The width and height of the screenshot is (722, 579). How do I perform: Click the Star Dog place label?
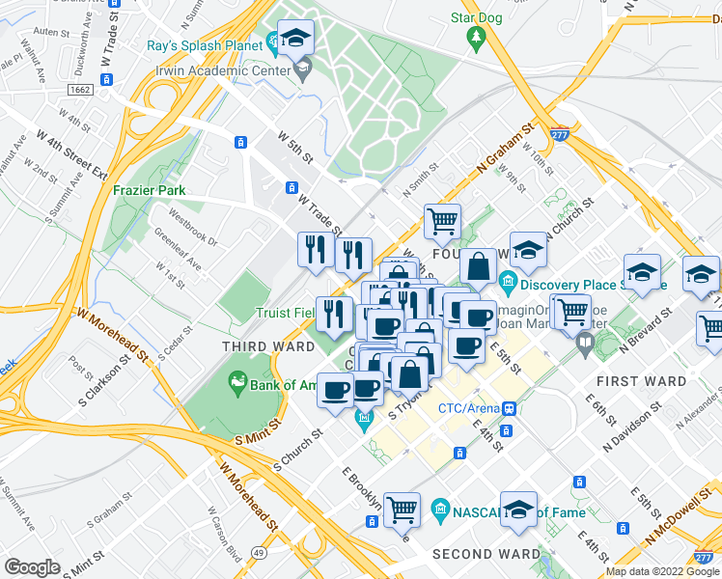476,17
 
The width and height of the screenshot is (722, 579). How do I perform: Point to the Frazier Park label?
149,190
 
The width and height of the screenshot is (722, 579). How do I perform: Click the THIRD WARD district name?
268,346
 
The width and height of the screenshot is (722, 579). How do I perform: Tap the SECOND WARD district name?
486,554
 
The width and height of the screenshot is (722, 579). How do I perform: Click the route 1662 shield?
80,90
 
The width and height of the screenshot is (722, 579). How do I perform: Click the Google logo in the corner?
32,567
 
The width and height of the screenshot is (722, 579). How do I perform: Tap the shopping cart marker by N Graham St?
442,220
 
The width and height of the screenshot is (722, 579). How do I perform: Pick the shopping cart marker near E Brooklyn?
402,509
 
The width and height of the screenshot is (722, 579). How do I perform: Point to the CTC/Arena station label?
471,408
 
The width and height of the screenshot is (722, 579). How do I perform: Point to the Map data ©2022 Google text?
661,571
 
